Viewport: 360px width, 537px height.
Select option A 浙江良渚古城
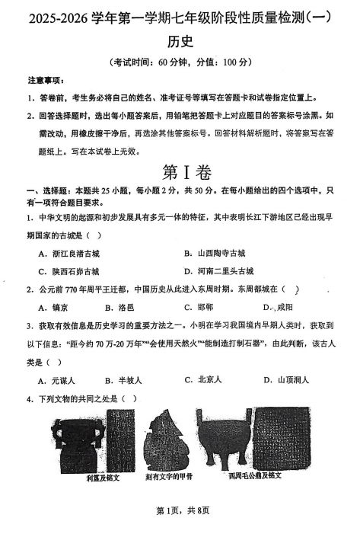pyautogui.click(x=73, y=253)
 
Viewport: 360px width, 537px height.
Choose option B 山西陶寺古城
pyautogui.click(x=220, y=253)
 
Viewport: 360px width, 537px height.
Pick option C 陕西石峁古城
pyautogui.click(x=73, y=271)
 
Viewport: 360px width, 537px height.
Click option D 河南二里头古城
pyautogui.click(x=225, y=271)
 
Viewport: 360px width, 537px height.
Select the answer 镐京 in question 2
pyautogui.click(x=58, y=308)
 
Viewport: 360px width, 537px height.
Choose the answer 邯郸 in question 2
pyautogui.click(x=203, y=308)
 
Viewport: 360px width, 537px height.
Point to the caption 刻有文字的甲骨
pyautogui.click(x=169, y=477)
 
